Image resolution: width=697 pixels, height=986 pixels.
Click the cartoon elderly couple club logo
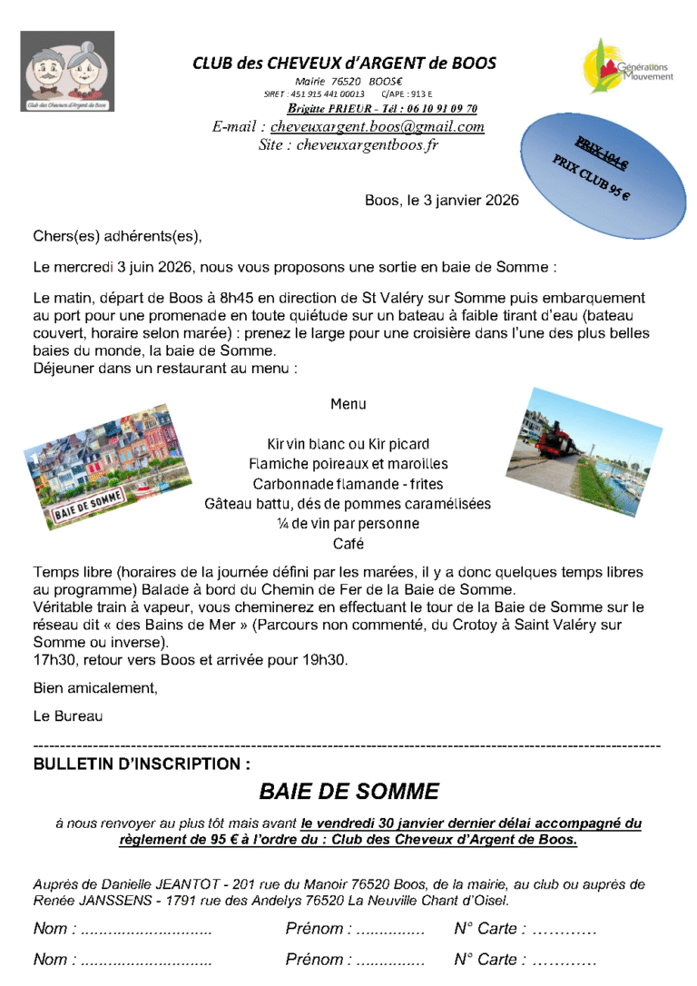[x=67, y=71]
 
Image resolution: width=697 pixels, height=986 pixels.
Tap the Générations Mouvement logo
[x=628, y=66]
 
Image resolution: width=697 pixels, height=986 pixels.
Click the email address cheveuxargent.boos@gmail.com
[x=377, y=127]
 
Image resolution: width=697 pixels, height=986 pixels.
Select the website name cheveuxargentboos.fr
[x=367, y=144]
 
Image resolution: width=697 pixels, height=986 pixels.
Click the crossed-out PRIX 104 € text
[x=600, y=153]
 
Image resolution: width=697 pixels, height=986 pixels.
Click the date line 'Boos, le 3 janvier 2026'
[x=442, y=200]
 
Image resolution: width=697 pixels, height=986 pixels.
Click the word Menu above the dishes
[x=348, y=404]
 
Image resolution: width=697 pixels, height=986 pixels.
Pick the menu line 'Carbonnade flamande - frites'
[x=348, y=484]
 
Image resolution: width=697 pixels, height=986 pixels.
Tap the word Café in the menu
[x=348, y=544]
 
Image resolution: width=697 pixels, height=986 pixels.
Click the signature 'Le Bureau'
[x=68, y=715]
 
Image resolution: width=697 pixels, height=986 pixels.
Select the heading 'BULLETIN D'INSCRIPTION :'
[x=142, y=764]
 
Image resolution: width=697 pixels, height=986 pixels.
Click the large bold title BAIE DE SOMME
[x=348, y=792]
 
